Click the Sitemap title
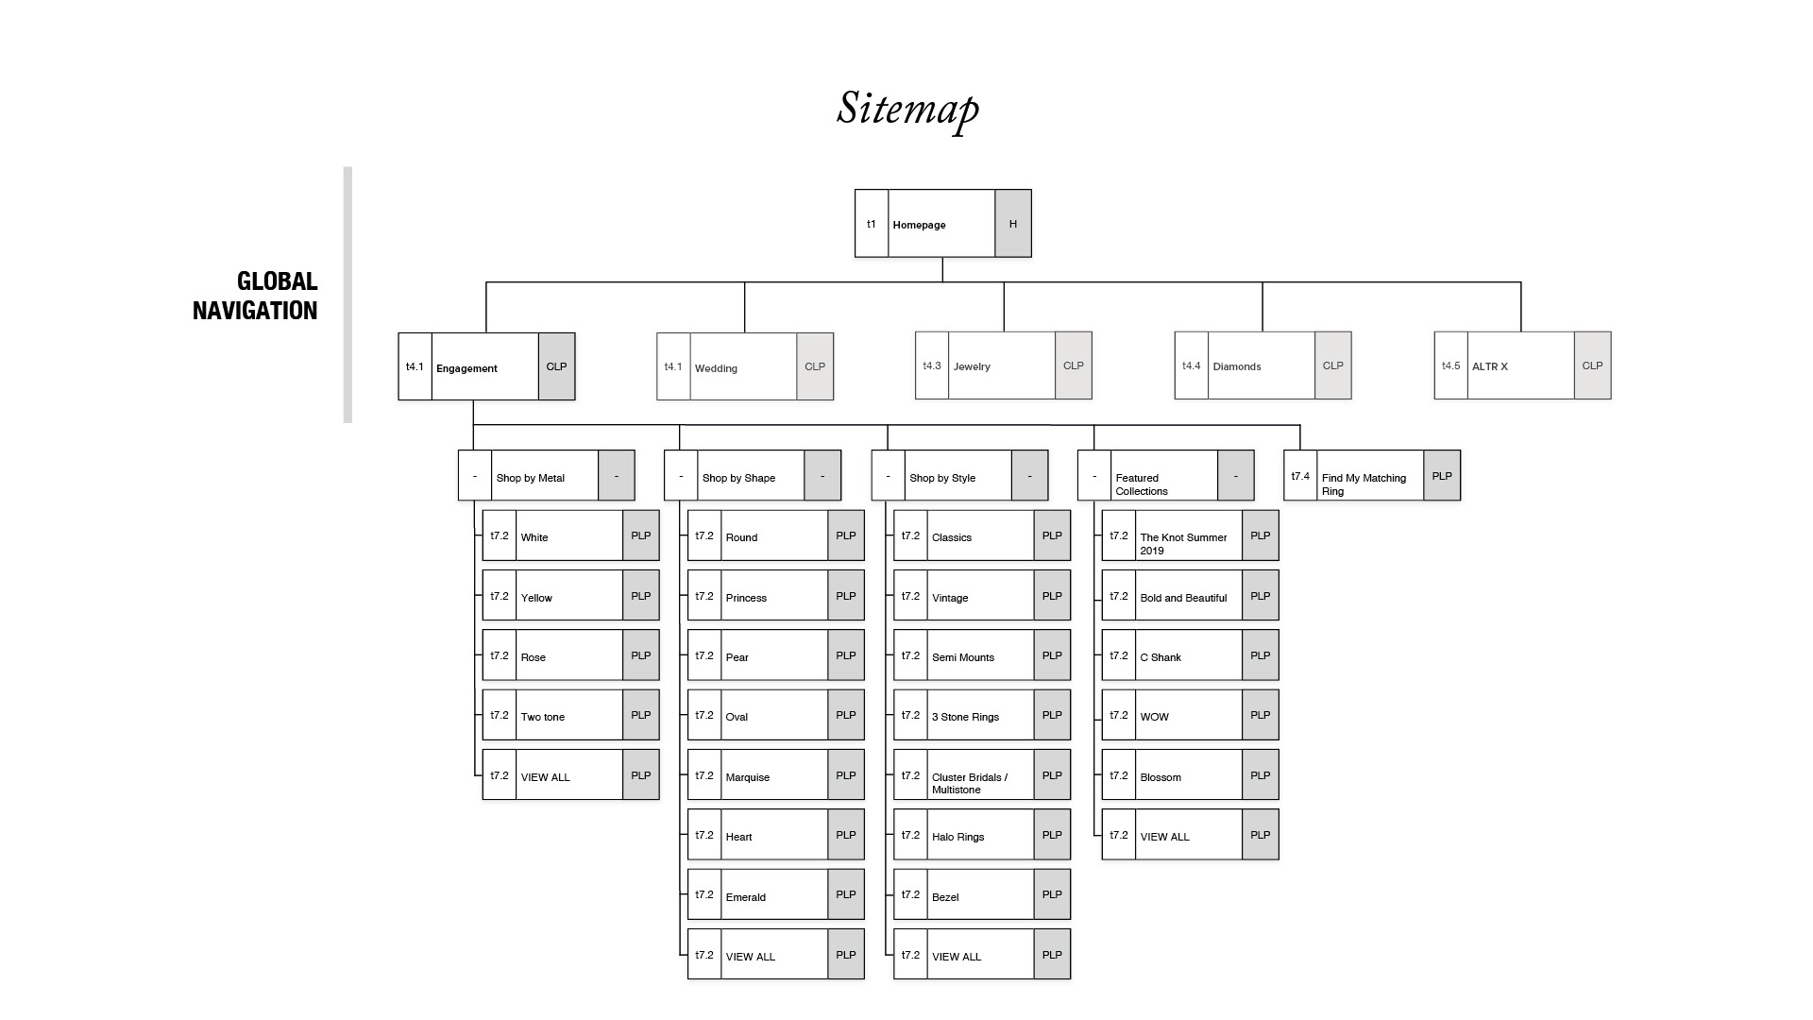907,109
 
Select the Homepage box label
919,225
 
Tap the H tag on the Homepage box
1012,224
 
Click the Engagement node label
466,368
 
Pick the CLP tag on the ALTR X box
1592,365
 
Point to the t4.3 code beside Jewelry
931,365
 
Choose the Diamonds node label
1236,366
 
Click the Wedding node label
716,368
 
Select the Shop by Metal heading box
531,478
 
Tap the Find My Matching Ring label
1364,484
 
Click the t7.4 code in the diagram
1300,476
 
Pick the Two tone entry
543,717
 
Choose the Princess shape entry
746,598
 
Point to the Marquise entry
748,777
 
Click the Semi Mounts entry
963,657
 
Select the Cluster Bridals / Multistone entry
969,783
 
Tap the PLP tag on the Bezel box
1052,894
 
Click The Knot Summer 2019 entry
1183,543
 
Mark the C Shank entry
1161,657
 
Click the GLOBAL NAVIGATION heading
255,296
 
